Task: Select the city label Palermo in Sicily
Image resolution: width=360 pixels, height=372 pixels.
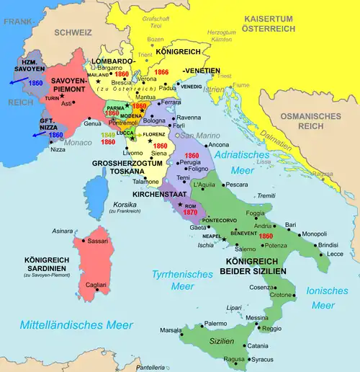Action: click(x=215, y=324)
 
